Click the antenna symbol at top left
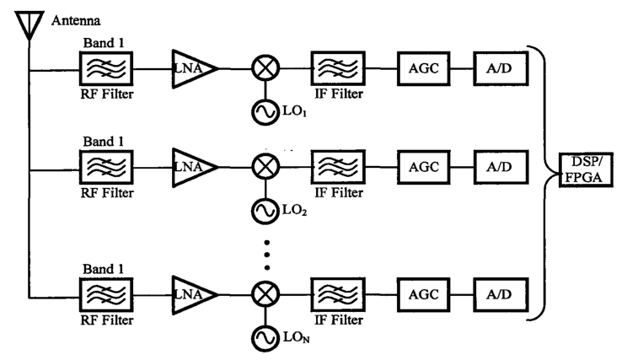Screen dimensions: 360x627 [29, 25]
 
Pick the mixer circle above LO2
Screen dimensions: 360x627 [267, 169]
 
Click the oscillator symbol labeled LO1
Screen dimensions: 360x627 [267, 111]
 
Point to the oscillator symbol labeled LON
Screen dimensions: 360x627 [267, 339]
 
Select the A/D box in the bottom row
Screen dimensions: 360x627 [501, 295]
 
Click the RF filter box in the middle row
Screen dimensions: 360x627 [104, 169]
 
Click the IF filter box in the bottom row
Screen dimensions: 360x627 [338, 295]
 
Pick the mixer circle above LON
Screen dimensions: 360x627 [267, 295]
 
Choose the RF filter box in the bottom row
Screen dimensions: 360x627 [104, 295]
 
